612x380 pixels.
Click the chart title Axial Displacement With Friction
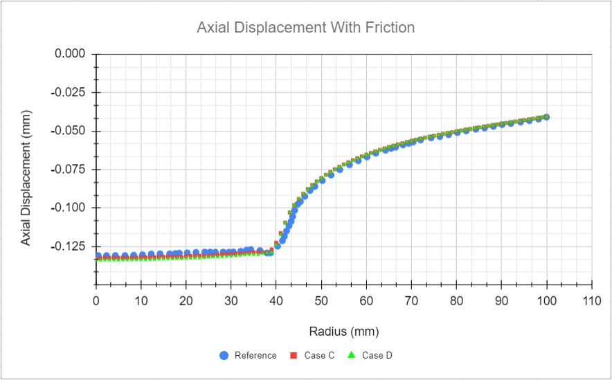point(306,28)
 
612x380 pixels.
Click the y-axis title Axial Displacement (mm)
point(26,170)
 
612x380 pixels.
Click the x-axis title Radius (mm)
point(344,331)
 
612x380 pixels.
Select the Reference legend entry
point(247,356)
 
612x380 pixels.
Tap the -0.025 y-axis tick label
point(69,93)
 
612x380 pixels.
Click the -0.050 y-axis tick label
point(69,132)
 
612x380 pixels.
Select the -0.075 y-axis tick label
point(69,170)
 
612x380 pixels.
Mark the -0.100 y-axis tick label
point(69,208)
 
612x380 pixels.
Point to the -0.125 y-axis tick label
point(69,246)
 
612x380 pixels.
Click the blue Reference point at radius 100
point(547,117)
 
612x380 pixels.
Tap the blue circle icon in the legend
point(224,356)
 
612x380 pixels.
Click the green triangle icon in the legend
point(351,356)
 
